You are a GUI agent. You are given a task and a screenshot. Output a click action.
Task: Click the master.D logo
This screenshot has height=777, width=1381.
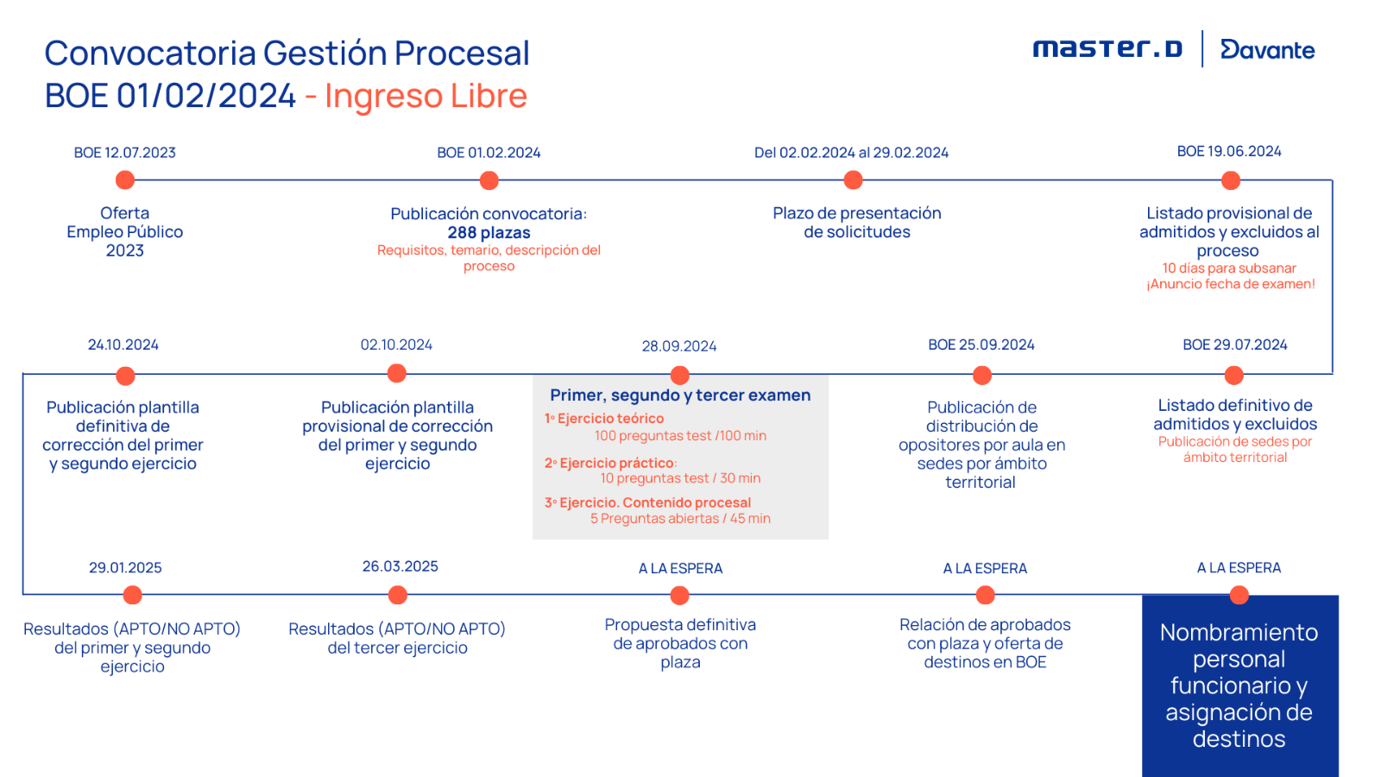(x=1107, y=48)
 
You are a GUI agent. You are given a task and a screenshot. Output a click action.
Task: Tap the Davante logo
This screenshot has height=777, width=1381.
(x=1267, y=50)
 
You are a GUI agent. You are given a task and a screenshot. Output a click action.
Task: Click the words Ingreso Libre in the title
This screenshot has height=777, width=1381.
(x=426, y=96)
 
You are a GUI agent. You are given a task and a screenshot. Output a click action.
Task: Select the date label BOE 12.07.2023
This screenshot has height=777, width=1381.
(x=125, y=153)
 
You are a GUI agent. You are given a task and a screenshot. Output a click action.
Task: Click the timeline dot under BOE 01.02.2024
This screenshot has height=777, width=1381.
(x=489, y=180)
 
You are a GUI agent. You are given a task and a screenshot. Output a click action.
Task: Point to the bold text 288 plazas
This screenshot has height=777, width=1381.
(x=489, y=232)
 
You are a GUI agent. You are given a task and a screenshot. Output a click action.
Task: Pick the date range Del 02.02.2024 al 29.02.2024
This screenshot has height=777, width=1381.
(x=851, y=153)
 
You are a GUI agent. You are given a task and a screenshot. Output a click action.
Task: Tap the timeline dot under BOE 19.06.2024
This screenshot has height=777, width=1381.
(x=1231, y=180)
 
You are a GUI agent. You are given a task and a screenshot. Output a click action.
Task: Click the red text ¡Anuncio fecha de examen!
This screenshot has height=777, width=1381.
(x=1231, y=284)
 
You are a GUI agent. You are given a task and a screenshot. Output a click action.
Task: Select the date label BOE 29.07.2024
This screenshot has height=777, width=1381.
(x=1234, y=344)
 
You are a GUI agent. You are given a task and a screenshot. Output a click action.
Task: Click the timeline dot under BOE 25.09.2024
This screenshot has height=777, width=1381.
(x=982, y=376)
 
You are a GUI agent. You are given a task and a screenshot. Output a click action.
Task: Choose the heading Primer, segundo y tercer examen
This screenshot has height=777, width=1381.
(x=680, y=395)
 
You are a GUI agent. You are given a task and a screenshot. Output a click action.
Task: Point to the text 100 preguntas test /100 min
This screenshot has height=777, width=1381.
(x=680, y=436)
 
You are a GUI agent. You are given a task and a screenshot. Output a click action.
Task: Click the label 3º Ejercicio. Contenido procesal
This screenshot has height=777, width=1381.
(x=647, y=502)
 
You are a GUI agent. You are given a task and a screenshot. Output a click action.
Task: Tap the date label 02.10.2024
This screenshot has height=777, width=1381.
(x=396, y=344)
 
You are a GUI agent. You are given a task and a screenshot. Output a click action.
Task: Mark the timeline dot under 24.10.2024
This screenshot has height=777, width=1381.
(x=125, y=376)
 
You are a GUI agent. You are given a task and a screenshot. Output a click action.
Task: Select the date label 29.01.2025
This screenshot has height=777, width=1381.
(x=125, y=568)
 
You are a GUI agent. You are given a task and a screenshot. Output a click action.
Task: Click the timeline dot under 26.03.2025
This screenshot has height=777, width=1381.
(x=398, y=595)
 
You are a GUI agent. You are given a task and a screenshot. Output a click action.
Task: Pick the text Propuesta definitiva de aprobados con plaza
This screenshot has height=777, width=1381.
(x=680, y=643)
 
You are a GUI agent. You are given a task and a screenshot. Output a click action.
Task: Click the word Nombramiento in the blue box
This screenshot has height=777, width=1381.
(x=1239, y=633)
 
